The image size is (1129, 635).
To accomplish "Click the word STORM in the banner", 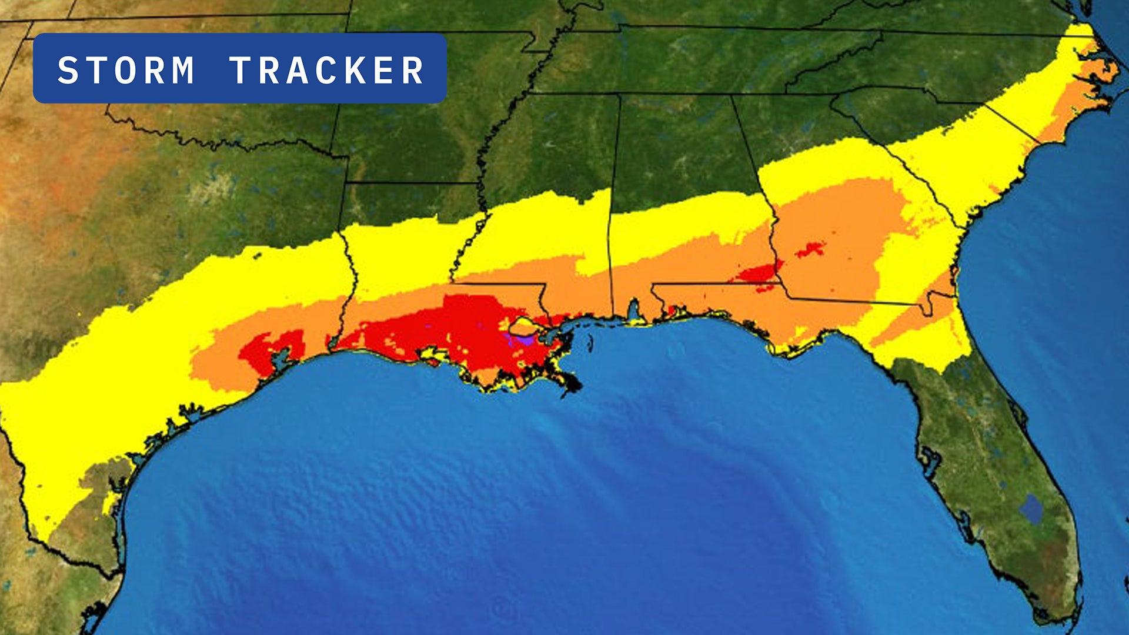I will (x=126, y=71).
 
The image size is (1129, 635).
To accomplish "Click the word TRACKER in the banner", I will (x=326, y=71).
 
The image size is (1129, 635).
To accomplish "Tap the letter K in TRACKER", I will (x=355, y=71).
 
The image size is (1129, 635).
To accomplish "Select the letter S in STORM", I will (x=68, y=71).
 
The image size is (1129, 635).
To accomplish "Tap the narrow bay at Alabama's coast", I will (x=633, y=310).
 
